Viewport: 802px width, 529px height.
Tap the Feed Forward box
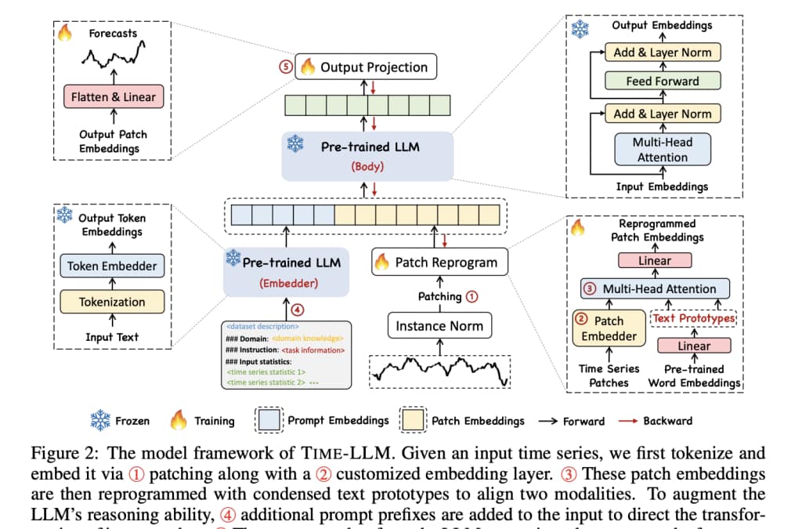[x=662, y=82]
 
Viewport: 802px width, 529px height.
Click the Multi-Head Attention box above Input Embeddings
[x=662, y=149]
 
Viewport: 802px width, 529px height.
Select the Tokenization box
[x=111, y=302]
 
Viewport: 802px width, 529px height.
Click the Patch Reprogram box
[x=439, y=263]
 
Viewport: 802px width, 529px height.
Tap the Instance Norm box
[x=439, y=325]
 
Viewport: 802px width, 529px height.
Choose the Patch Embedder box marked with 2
[x=609, y=328]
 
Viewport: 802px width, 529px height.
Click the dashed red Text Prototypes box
[x=694, y=319]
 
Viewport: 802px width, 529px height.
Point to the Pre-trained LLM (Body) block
[x=368, y=154]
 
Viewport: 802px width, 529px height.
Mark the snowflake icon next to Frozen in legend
[x=100, y=421]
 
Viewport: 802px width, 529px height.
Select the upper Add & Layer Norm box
[x=662, y=53]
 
